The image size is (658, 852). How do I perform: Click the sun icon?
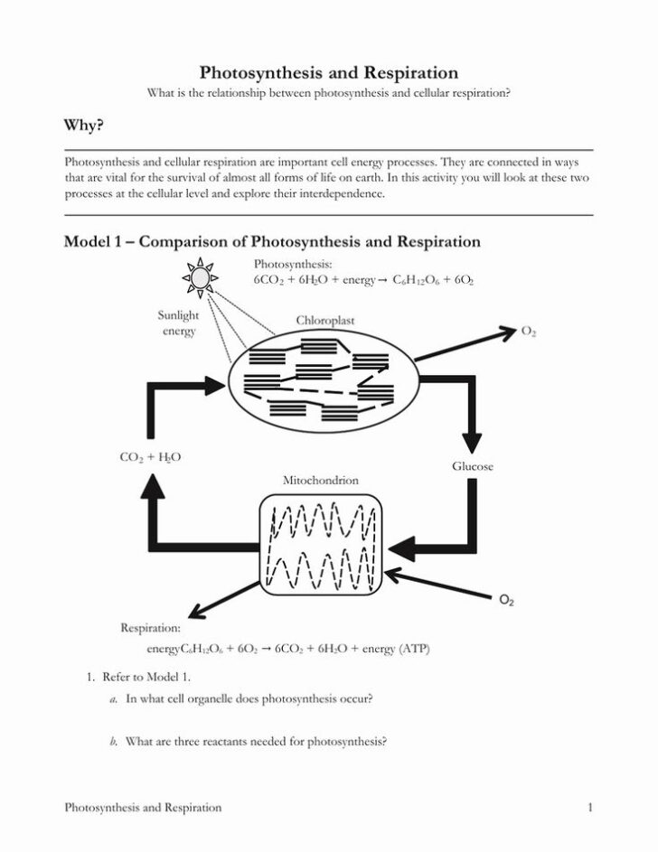pos(201,276)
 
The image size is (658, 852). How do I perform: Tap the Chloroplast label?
pos(324,320)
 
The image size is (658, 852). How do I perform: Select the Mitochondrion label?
pos(321,481)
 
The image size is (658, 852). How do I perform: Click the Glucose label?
pos(472,466)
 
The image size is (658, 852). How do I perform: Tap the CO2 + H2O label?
pos(150,457)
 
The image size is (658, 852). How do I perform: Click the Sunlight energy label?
pos(179,323)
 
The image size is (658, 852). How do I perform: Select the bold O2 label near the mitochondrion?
pos(506,600)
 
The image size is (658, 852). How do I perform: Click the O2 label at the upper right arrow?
pos(529,332)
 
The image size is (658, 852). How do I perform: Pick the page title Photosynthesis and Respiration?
pos(328,72)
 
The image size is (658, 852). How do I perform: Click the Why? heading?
pos(82,126)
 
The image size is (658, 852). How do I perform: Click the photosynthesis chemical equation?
pos(363,281)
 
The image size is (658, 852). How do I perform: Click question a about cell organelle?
pos(249,698)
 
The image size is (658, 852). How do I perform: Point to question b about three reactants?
pos(256,743)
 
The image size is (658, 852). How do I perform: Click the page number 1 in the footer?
pos(589,808)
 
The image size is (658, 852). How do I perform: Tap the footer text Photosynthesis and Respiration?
pos(143,808)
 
